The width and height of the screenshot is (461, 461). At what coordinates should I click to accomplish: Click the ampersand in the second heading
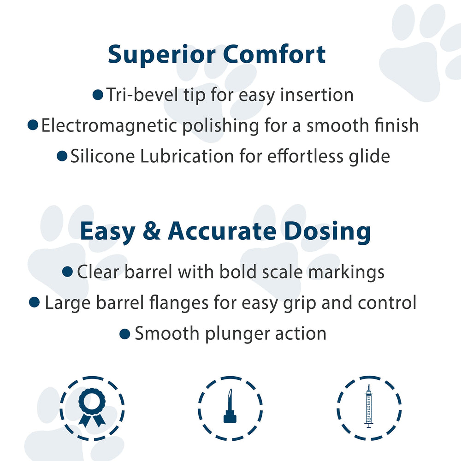tap(151, 231)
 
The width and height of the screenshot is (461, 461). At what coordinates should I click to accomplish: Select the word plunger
tap(224, 333)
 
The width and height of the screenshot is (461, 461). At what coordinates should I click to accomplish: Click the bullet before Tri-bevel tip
tap(98, 95)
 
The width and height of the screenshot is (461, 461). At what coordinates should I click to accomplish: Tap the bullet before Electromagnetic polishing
tap(33, 125)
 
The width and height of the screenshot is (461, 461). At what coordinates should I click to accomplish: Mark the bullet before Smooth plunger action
tap(124, 333)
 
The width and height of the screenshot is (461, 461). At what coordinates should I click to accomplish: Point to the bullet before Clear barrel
tap(67, 272)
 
